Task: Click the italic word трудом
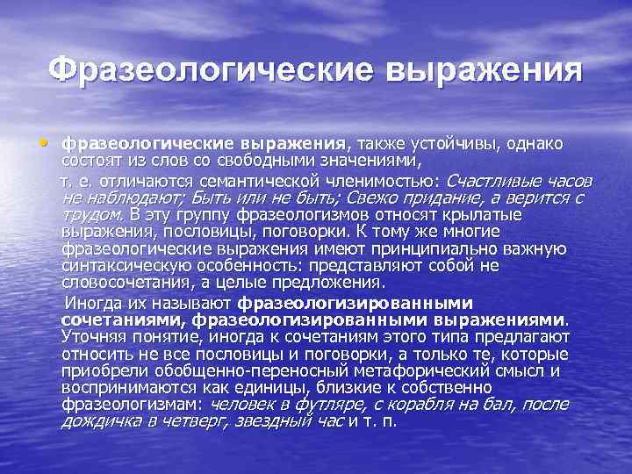pyautogui.click(x=92, y=214)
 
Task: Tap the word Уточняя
pyautogui.click(x=93, y=337)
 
